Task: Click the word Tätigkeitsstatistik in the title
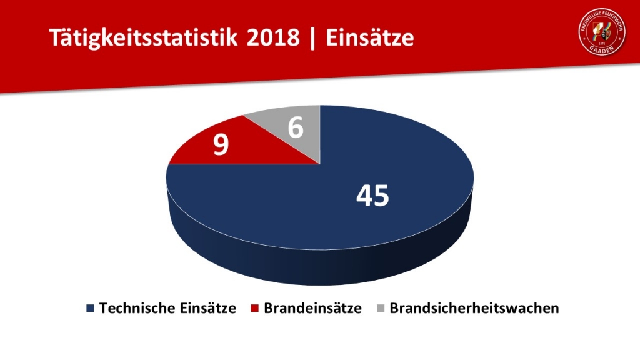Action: [143, 38]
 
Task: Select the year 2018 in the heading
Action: [273, 38]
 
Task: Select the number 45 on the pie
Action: [372, 196]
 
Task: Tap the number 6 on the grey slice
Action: [296, 127]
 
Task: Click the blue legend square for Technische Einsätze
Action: [90, 308]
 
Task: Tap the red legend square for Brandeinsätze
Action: [254, 308]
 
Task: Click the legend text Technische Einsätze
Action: [167, 308]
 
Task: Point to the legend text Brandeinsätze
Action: [312, 308]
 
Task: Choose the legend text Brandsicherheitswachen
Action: [474, 308]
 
